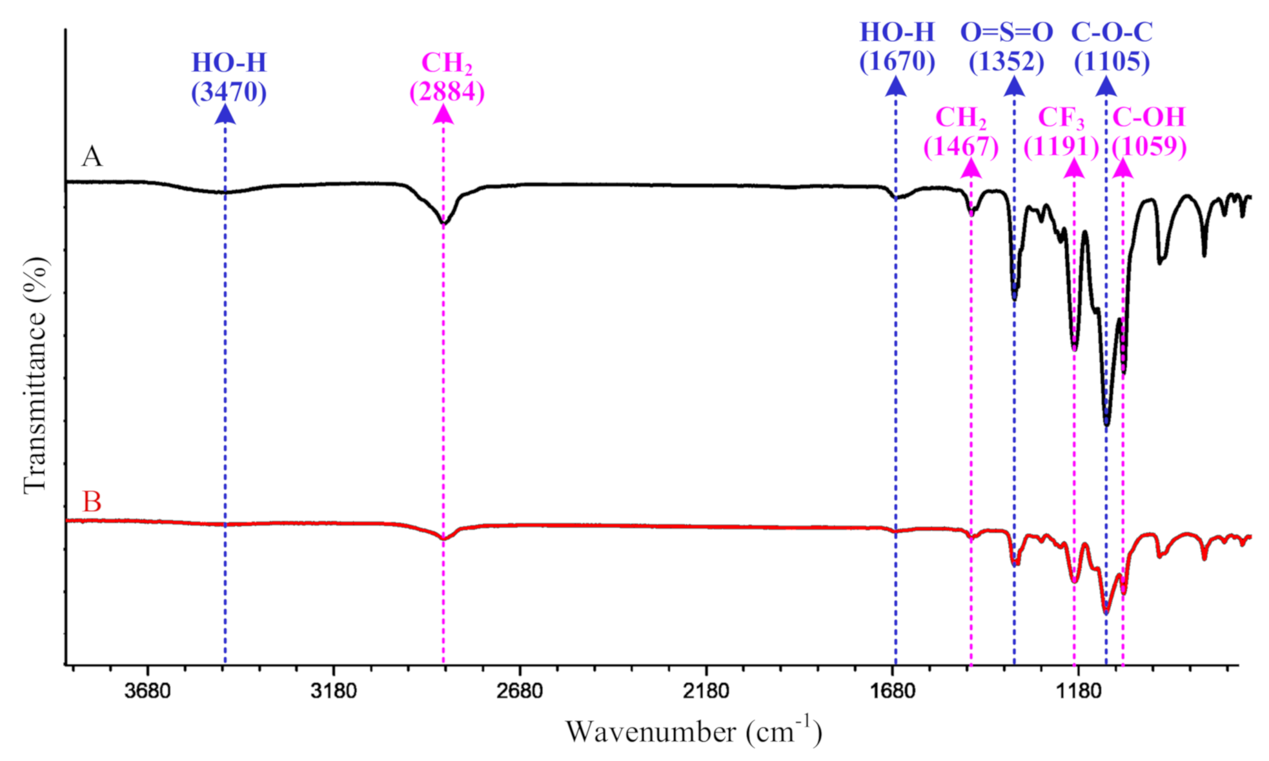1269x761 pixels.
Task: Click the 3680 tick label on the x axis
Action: (x=148, y=691)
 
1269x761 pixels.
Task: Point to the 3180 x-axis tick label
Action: (x=333, y=691)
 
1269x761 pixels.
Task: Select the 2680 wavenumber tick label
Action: (x=520, y=691)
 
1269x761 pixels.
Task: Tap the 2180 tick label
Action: (x=706, y=691)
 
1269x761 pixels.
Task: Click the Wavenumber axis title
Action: (x=694, y=731)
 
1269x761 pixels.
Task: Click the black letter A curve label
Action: (x=92, y=157)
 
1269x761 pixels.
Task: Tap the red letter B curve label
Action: (x=92, y=502)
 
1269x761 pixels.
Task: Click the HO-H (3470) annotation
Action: (x=228, y=77)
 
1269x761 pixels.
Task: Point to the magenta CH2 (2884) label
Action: (x=447, y=77)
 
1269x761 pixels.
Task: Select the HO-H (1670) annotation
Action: (x=897, y=46)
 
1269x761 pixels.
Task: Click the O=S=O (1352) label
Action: (x=1006, y=46)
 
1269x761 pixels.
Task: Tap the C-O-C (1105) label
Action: (x=1112, y=46)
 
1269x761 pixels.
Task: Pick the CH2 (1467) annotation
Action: (x=960, y=132)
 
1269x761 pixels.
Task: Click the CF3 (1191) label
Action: (x=1061, y=132)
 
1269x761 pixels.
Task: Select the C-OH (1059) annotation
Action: (x=1149, y=132)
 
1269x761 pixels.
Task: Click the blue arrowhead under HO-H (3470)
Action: (x=225, y=114)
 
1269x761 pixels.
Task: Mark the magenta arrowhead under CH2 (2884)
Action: (x=443, y=114)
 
